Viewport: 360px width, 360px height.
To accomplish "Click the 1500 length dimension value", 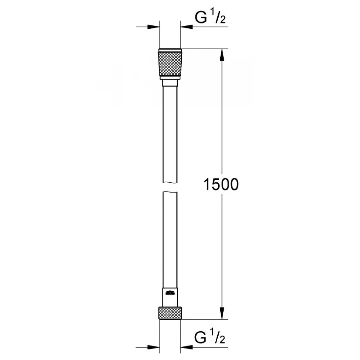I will click(x=220, y=184).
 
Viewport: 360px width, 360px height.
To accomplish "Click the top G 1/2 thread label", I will click(x=210, y=18).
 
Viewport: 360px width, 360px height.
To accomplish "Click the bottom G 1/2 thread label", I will click(x=210, y=339).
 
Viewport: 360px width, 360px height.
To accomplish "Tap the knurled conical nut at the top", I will click(x=170, y=65).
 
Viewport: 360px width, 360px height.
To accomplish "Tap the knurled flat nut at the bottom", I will click(x=170, y=313).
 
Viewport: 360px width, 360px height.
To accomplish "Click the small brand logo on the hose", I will click(x=170, y=292).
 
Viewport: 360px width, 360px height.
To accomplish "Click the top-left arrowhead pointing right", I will click(x=154, y=26).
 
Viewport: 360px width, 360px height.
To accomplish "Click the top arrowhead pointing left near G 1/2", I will click(x=187, y=26).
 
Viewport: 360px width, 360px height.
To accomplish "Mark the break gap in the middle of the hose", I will click(x=170, y=188).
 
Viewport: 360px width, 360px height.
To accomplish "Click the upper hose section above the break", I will click(x=170, y=132).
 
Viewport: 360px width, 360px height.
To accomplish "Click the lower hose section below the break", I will click(x=170, y=238).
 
